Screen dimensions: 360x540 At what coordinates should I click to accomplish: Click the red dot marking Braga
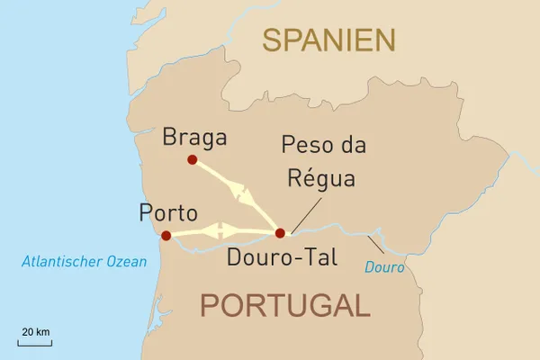coord(191,160)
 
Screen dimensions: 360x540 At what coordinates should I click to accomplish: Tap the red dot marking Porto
coord(166,236)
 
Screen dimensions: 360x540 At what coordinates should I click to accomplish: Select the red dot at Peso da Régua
coord(280,233)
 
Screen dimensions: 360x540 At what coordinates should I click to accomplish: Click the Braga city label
coord(194,138)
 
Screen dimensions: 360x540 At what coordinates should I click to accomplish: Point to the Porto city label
coord(168,213)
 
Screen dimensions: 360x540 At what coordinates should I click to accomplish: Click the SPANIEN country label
coord(328,40)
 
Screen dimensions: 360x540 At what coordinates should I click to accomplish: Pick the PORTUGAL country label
coord(284,305)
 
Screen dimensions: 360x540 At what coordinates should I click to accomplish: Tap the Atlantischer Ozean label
coord(84,263)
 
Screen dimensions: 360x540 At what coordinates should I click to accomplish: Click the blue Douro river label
coord(384,267)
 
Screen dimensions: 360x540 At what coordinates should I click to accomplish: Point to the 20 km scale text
coord(35,332)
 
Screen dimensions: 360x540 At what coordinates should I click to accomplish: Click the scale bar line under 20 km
coord(35,342)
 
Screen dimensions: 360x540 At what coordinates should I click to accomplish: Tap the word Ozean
coord(126,263)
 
